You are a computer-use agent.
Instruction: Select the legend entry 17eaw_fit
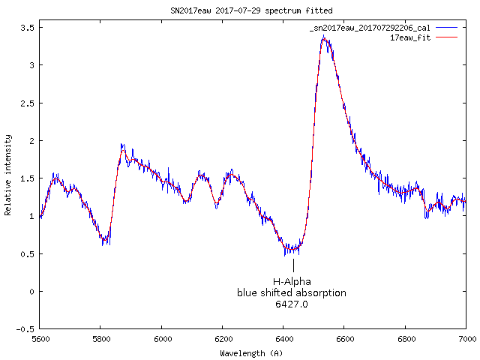pos(410,37)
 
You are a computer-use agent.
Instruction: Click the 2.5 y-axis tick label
pos(30,103)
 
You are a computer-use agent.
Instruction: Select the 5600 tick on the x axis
pos(40,339)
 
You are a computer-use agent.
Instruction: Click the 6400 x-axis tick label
pos(283,339)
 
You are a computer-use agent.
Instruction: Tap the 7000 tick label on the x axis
pos(466,339)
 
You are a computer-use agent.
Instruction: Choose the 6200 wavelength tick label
pos(223,339)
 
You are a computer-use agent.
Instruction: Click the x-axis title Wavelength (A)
pos(251,352)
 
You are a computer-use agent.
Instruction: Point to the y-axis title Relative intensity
pos(8,175)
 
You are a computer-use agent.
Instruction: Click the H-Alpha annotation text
pos(292,281)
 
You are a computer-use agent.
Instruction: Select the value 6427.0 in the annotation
pos(292,304)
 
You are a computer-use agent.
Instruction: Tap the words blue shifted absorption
pos(292,292)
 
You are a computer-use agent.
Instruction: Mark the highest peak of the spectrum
pos(323,36)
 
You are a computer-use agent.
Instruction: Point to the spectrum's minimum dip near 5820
pos(106,241)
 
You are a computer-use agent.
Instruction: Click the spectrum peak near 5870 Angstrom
pos(122,145)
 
